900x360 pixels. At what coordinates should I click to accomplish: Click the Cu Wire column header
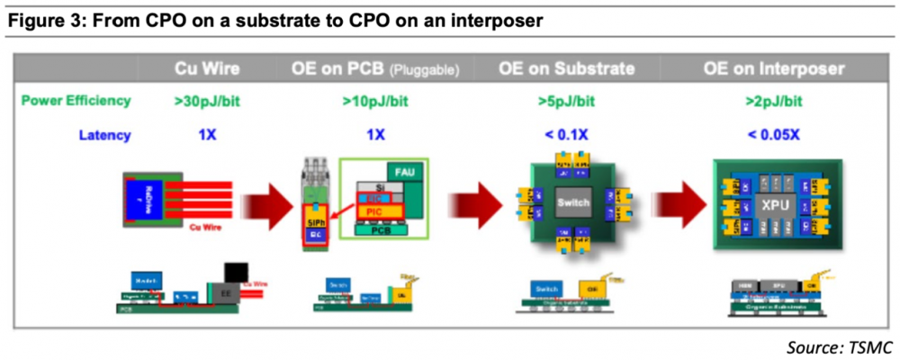pos(207,69)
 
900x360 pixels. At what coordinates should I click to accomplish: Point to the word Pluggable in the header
pos(424,70)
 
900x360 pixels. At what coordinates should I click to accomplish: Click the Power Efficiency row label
pos(76,100)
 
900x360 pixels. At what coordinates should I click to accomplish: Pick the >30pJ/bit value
pos(207,100)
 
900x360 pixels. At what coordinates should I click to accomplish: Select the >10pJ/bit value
pos(375,100)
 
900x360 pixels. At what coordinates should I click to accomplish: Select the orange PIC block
pos(376,211)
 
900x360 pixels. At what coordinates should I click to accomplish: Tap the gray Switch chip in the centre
pos(572,202)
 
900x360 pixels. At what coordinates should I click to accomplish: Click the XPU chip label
pos(774,204)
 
